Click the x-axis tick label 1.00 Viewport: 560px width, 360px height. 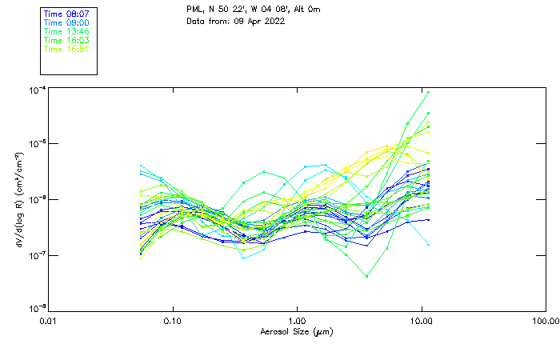(297, 321)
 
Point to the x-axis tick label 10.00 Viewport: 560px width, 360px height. (421, 321)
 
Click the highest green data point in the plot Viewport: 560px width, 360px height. (429, 92)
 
